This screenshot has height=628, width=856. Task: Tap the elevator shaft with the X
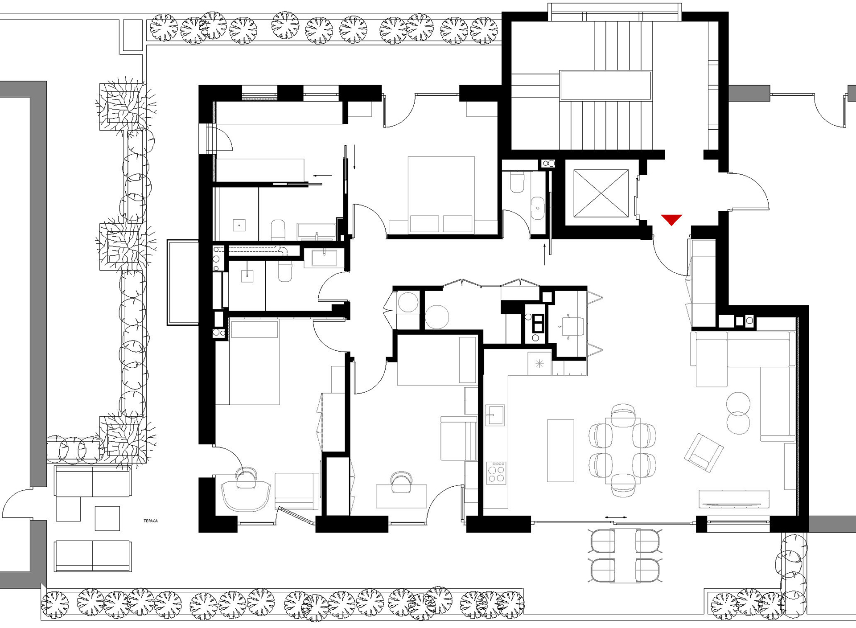point(601,193)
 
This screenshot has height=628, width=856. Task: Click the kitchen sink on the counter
point(495,415)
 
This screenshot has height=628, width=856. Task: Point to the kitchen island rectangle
point(560,451)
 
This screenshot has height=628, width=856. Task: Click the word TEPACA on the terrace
point(151,521)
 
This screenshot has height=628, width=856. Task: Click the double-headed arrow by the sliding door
point(616,517)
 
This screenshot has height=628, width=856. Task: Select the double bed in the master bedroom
point(441,194)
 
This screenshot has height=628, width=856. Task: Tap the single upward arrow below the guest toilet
point(544,254)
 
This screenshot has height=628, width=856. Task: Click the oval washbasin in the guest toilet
point(538,208)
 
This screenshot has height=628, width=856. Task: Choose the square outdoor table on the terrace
point(107,518)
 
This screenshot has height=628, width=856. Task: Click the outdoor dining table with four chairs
point(625,555)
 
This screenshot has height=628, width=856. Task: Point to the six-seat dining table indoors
point(622,451)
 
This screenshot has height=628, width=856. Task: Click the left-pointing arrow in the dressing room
point(323,176)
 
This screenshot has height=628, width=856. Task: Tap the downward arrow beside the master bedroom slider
point(354,157)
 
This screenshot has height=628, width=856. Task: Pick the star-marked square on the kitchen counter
point(539,364)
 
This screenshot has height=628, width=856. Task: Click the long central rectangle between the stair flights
point(605,85)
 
